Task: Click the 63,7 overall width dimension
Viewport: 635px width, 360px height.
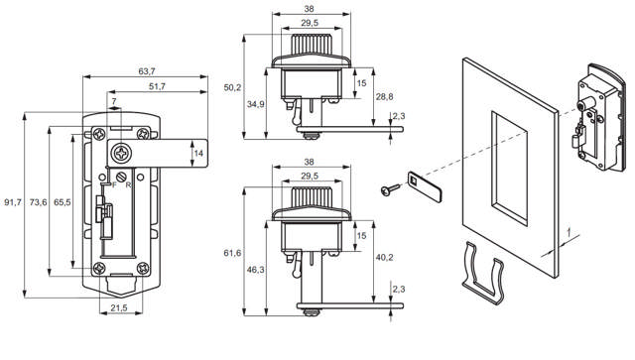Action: [x=146, y=71]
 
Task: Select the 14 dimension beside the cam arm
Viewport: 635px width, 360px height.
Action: [x=198, y=152]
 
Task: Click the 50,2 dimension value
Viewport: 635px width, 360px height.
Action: [x=233, y=87]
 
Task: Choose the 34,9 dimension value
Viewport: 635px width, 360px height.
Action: [x=256, y=103]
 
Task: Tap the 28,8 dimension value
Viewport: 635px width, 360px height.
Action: [x=384, y=95]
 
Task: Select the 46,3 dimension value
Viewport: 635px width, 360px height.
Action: [x=256, y=269]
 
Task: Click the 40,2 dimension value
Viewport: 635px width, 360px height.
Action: [x=384, y=257]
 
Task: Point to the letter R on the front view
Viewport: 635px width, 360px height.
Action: [x=129, y=184]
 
